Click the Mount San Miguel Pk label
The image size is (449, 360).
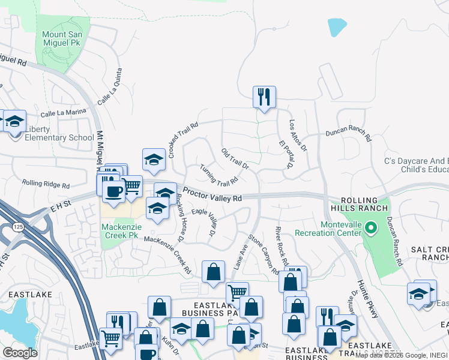click(x=62, y=40)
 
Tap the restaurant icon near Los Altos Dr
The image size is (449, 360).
click(x=264, y=97)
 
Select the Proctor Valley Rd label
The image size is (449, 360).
click(x=212, y=195)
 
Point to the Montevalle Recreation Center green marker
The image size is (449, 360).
click(x=371, y=227)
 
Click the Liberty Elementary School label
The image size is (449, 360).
click(x=59, y=137)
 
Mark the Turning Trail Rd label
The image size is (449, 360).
click(x=219, y=175)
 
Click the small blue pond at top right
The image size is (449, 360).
click(x=337, y=27)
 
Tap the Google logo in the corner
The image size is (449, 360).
click(x=20, y=353)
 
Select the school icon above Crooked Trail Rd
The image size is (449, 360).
click(x=154, y=160)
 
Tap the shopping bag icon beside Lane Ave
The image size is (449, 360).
click(x=213, y=272)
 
